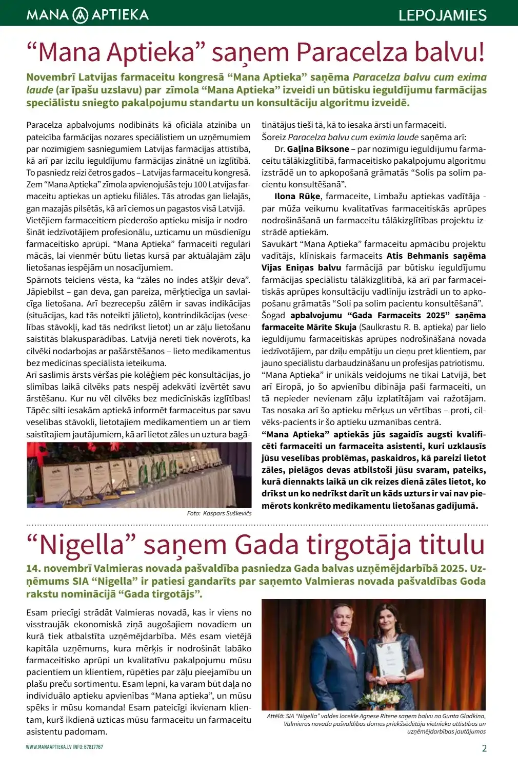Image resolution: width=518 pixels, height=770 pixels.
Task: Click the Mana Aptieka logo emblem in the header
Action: click(81, 15)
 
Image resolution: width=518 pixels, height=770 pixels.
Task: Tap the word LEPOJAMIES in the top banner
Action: click(442, 15)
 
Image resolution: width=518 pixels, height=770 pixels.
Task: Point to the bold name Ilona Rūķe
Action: click(297, 196)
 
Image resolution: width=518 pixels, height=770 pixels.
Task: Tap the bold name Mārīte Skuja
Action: click(331, 327)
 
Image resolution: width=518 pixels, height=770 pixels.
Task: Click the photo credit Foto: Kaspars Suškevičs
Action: click(219, 513)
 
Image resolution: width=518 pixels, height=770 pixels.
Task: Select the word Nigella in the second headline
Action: click(83, 545)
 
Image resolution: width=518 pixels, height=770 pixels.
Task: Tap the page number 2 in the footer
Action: click(484, 748)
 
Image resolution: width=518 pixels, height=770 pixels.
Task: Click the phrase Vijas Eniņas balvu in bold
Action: click(301, 267)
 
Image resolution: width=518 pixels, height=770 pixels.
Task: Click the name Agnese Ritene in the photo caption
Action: click(378, 716)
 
